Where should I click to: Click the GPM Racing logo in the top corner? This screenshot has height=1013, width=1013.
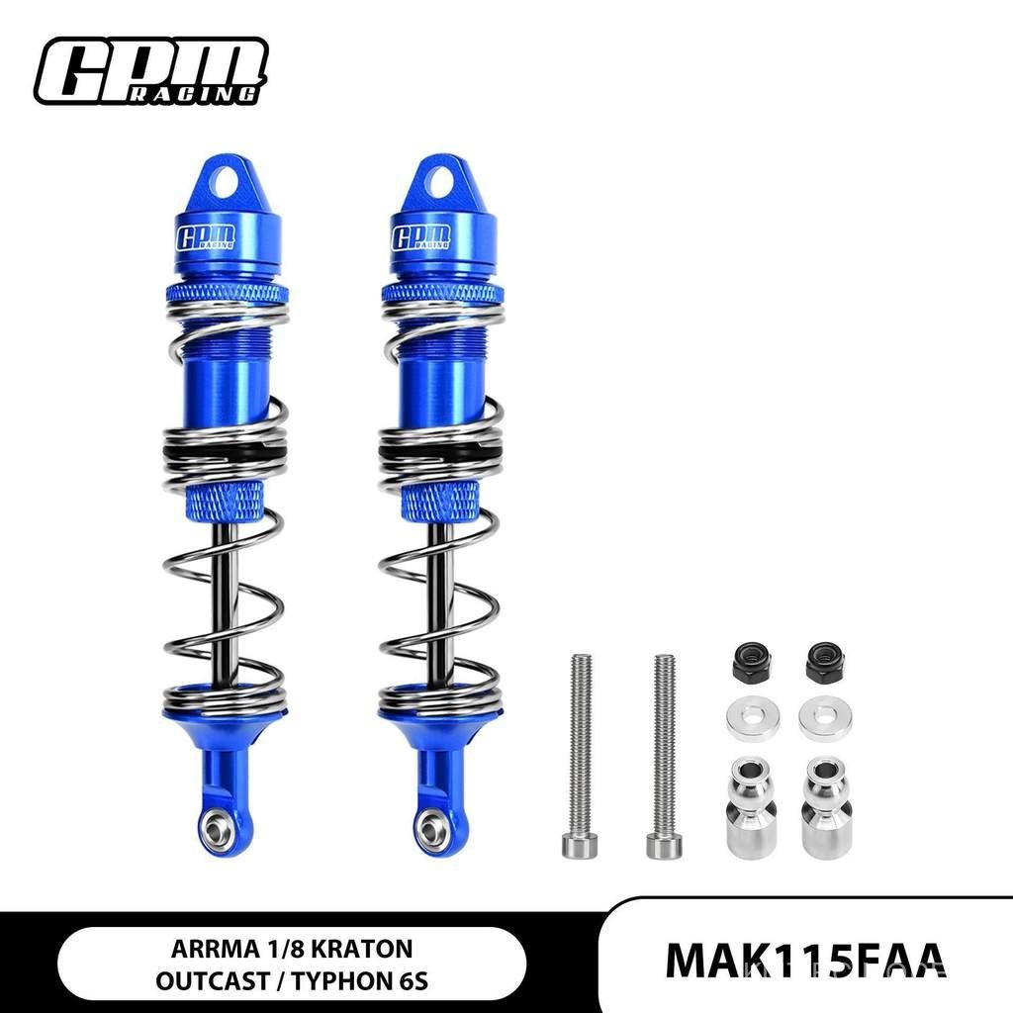[x=151, y=70]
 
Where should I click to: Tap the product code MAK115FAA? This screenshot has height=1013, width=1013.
[x=806, y=962]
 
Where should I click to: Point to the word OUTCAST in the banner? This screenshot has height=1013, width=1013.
[x=212, y=981]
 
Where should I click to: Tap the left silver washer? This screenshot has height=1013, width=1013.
[x=753, y=718]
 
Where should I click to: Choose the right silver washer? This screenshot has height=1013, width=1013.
[x=825, y=718]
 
